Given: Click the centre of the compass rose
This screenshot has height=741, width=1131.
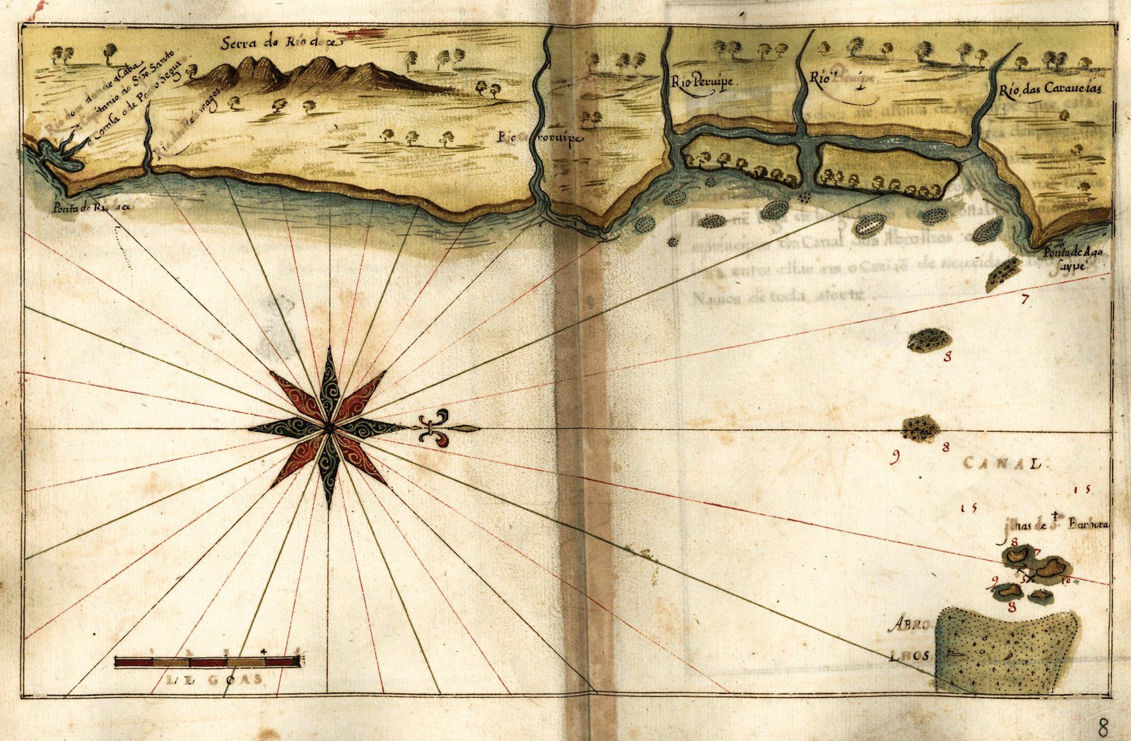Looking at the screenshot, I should [329, 427].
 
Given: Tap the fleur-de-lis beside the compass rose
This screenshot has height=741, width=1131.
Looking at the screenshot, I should [433, 428].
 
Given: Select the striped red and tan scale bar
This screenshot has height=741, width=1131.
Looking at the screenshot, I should [208, 662].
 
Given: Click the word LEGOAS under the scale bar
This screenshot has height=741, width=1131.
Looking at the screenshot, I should [215, 679].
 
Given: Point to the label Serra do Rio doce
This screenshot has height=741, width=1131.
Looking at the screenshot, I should [281, 42].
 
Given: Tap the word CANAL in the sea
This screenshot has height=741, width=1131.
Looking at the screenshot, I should [1003, 465].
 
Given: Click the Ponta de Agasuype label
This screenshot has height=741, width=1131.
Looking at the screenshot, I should [1072, 259].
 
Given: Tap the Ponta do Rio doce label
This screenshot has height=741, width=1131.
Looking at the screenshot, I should [91, 208].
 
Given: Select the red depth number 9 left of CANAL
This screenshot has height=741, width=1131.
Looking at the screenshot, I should [896, 458].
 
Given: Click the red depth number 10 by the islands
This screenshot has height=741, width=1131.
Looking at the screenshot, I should [1066, 581].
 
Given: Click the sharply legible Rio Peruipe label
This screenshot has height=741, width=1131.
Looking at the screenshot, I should [703, 82].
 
